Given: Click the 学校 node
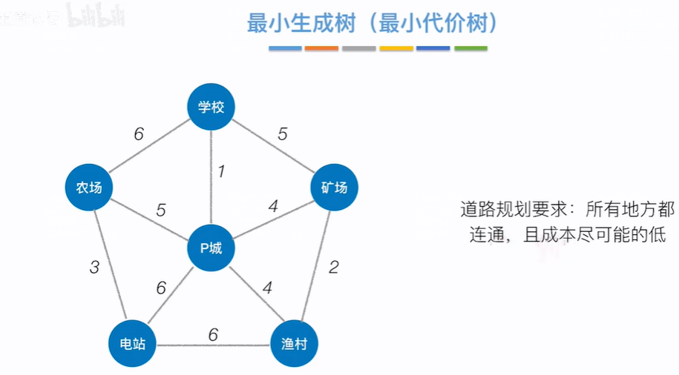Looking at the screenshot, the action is click(x=211, y=107).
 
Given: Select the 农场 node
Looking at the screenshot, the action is click(x=89, y=187).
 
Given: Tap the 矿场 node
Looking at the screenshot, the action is click(x=334, y=187).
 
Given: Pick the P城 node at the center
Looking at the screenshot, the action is click(x=211, y=248).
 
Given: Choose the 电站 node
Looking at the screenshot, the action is click(x=132, y=344).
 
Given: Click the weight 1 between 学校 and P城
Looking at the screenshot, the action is click(x=220, y=171).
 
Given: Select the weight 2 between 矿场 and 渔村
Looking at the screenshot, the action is click(x=334, y=267).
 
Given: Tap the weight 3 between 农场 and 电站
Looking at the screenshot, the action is click(x=94, y=267).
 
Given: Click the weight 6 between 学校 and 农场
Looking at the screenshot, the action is click(x=139, y=134).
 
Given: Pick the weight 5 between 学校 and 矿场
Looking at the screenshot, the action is click(x=282, y=134).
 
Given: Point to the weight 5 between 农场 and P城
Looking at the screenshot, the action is click(x=160, y=210).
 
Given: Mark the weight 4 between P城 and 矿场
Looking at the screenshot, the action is click(x=273, y=207).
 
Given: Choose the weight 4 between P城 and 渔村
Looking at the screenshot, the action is click(x=267, y=287).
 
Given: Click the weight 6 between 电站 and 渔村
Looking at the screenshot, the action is click(x=213, y=334).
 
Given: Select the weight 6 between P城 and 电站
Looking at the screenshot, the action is click(x=161, y=287).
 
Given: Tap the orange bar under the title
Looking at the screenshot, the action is click(x=321, y=49).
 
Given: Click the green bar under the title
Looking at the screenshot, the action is click(x=470, y=49).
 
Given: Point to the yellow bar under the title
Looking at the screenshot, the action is click(x=396, y=49).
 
